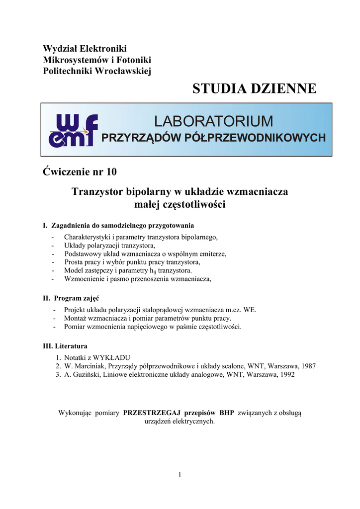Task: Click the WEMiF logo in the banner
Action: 73,130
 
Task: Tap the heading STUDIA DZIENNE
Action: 254,88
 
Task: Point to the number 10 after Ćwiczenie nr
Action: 111,172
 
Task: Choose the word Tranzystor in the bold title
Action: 97,191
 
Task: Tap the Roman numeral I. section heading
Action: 46,226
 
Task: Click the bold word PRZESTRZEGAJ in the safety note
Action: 152,413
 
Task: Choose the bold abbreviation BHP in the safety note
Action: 226,413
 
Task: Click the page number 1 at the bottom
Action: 180,475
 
